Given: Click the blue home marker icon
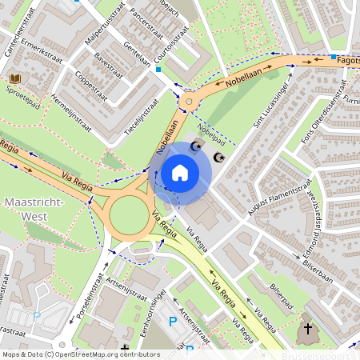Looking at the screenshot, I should point(180,173).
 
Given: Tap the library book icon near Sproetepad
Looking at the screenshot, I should point(15,78).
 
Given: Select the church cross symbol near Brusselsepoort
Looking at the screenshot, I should point(308,329).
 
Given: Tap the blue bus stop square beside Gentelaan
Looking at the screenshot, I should point(158,70).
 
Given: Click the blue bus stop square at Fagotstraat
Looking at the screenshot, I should point(333,57).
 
